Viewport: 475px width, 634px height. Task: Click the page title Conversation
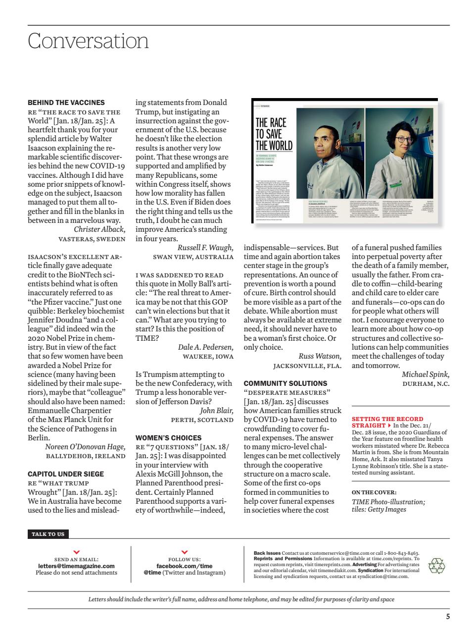88,41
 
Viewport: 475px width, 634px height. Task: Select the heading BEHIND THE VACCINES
66,103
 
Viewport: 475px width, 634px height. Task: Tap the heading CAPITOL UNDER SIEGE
66,474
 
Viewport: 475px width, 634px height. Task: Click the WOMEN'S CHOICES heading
168,438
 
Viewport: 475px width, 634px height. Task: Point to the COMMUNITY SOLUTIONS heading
285,383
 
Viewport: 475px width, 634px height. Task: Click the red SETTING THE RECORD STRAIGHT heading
387,422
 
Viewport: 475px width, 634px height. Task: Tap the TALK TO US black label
48,534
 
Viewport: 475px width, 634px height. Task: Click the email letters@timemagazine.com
76,566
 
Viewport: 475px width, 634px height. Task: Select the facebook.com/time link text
184,566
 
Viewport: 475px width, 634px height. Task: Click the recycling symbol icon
436,566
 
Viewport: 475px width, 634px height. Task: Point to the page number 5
447,617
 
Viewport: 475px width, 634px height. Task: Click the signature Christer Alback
99,229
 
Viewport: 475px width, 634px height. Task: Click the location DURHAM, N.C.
426,384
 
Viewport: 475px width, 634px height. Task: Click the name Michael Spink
425,374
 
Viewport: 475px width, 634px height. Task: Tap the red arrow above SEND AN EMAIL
76,552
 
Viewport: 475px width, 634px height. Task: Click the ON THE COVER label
374,492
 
